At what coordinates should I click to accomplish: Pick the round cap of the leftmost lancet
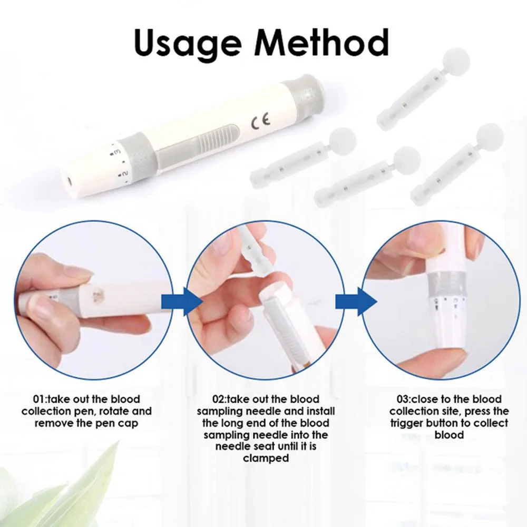(343, 139)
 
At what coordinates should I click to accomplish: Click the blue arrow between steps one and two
(193, 301)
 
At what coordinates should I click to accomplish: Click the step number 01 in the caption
(40, 399)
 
